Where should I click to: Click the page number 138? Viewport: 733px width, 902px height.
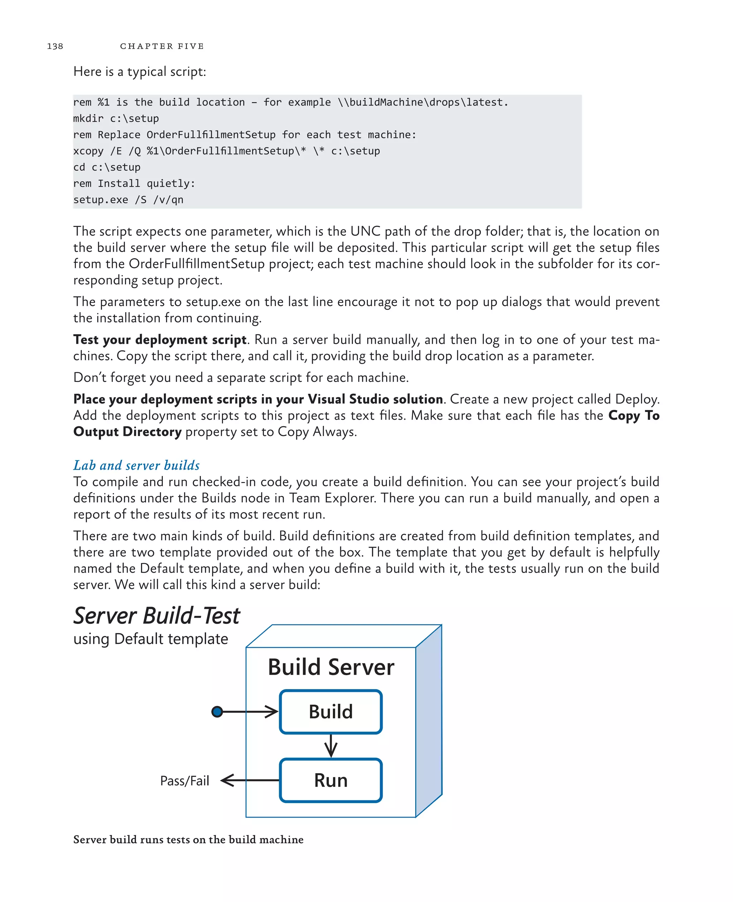tap(55, 46)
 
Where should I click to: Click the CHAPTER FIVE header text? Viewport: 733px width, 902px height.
tap(162, 46)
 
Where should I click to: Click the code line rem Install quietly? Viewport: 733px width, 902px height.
tap(134, 183)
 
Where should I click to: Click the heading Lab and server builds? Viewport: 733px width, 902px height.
tap(136, 465)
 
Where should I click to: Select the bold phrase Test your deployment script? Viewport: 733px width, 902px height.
tap(160, 340)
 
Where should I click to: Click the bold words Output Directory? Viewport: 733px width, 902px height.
tap(127, 432)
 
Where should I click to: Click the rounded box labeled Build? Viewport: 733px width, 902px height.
tap(331, 712)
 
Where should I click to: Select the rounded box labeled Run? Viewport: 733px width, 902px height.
tap(331, 780)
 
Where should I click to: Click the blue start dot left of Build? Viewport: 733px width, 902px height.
tap(217, 712)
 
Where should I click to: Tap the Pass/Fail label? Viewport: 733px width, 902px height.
tap(185, 781)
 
